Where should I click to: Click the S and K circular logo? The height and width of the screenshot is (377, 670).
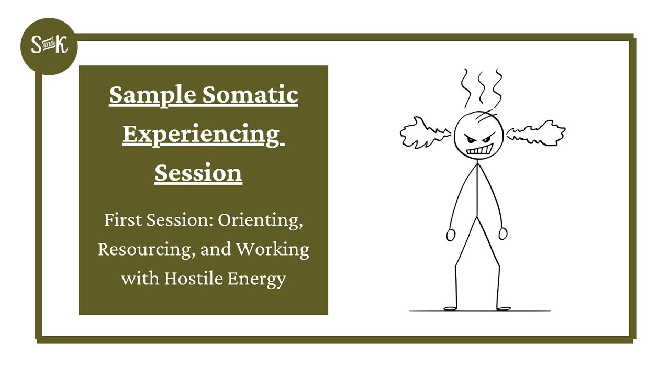click(49, 46)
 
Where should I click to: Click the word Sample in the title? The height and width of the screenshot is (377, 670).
click(152, 96)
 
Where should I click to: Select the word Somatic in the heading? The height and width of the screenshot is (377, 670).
click(250, 96)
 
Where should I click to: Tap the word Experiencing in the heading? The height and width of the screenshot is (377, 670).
click(201, 135)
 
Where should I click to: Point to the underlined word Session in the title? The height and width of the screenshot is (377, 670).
click(198, 173)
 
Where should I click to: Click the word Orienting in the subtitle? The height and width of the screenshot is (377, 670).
click(260, 220)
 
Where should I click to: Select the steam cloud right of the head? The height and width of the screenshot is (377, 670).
click(537, 132)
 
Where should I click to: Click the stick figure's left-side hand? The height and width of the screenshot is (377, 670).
click(451, 235)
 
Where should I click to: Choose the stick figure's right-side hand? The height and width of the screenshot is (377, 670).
click(503, 234)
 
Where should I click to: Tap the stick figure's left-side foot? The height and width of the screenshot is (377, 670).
click(450, 308)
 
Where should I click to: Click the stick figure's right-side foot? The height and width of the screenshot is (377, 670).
click(503, 308)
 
